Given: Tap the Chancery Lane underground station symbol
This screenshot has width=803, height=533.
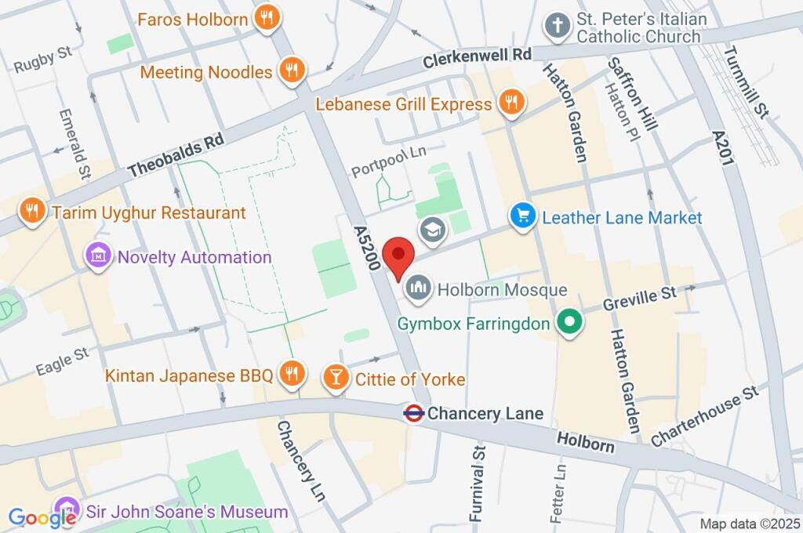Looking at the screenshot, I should pyautogui.click(x=414, y=413).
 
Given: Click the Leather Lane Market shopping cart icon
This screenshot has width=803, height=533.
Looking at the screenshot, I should pyautogui.click(x=522, y=217).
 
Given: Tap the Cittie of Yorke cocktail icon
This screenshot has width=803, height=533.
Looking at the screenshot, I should pyautogui.click(x=336, y=378).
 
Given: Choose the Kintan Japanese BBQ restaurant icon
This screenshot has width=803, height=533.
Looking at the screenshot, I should pyautogui.click(x=292, y=375).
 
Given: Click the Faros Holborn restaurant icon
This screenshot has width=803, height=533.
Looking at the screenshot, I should pyautogui.click(x=267, y=18).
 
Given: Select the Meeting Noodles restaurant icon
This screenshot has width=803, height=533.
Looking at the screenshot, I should pyautogui.click(x=292, y=71).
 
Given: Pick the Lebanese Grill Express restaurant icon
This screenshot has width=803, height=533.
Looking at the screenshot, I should pyautogui.click(x=511, y=103).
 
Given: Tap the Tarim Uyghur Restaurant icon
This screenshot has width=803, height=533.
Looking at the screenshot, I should pyautogui.click(x=32, y=212).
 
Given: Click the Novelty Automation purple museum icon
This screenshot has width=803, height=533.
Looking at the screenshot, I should pyautogui.click(x=98, y=256).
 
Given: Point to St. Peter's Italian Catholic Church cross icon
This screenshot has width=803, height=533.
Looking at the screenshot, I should pyautogui.click(x=558, y=26).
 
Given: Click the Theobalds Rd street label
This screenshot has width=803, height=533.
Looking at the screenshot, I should pyautogui.click(x=176, y=154).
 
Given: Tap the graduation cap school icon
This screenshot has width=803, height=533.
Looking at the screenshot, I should pyautogui.click(x=431, y=230).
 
